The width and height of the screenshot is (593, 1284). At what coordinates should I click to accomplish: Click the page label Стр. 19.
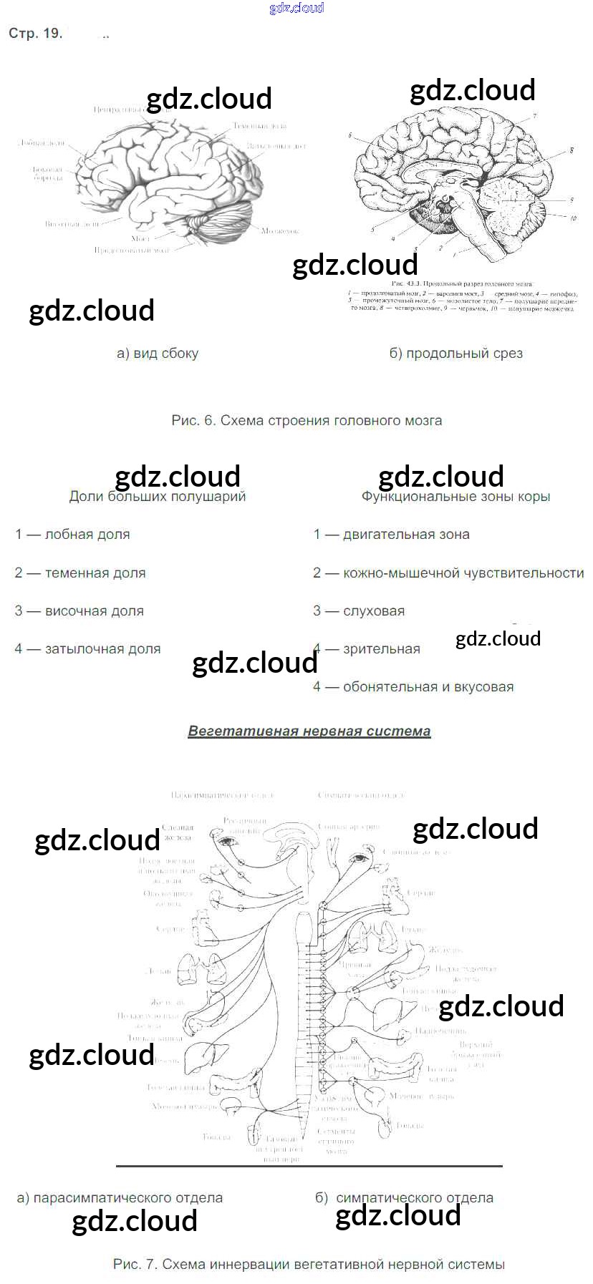coord(35,34)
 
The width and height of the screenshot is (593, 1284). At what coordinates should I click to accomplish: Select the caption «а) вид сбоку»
coord(158,353)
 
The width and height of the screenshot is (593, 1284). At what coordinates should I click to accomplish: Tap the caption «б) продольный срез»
coord(455,353)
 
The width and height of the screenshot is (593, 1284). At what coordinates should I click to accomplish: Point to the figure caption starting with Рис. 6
coord(307,420)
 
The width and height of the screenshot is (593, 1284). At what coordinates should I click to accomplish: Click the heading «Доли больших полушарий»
coord(157,497)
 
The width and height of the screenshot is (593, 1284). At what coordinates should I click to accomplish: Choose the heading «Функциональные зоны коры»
coord(455,497)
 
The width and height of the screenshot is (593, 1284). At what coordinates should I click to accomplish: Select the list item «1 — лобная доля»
coord(72,535)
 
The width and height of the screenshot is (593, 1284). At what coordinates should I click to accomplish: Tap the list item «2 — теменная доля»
coord(80,573)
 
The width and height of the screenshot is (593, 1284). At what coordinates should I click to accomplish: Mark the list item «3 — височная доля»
coord(79,611)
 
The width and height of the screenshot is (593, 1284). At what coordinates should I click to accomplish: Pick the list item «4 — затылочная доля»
coord(87,649)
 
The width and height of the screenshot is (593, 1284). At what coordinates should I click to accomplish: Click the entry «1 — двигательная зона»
coord(392,535)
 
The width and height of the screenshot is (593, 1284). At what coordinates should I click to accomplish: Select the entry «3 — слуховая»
coord(359,611)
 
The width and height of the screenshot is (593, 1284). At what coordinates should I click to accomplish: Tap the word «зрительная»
coord(382,649)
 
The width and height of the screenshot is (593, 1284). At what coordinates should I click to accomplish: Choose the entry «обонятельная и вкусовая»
coord(428,687)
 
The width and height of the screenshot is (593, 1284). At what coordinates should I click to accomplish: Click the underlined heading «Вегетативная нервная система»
coord(309,731)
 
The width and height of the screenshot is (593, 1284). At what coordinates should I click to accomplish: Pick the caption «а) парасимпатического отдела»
coord(120,1197)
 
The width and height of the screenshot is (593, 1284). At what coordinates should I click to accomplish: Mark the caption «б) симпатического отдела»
coord(405,1197)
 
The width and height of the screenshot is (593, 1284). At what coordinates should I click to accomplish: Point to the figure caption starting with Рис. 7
coord(309,1264)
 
